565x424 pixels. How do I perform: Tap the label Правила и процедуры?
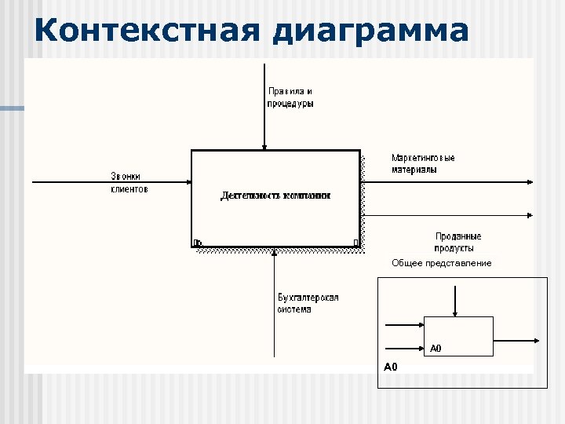290,97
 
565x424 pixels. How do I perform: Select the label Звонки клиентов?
129,182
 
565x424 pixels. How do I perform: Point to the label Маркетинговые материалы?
423,163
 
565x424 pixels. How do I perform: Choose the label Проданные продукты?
457,242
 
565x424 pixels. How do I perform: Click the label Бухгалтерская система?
308,303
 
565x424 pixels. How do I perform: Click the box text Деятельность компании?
275,196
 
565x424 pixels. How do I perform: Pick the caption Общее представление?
442,263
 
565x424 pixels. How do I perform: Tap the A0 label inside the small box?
436,348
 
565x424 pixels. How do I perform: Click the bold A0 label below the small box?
391,367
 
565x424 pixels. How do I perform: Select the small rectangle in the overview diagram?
458,336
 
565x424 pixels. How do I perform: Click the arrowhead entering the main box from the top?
264,146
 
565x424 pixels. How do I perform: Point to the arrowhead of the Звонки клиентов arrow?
188,182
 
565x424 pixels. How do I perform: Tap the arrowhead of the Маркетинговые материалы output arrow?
530,182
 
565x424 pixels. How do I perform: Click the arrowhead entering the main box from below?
274,252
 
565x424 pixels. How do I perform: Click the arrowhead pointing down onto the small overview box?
454,313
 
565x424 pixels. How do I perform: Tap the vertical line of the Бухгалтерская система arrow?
274,314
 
